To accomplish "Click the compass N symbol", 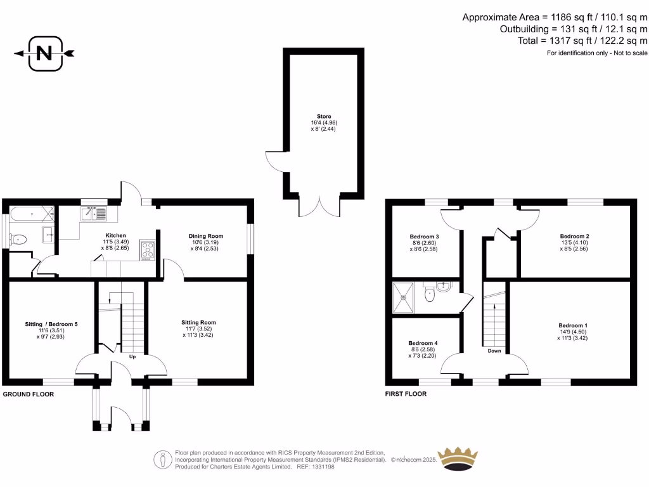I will [44, 53].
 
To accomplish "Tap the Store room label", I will [324, 116].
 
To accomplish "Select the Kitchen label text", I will [115, 235].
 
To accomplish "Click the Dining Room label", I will [206, 236].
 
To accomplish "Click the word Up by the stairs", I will [133, 356].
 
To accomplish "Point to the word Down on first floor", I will [494, 351].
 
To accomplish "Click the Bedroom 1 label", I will [570, 325].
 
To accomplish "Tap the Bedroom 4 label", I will [422, 342].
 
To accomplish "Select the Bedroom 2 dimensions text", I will [570, 245].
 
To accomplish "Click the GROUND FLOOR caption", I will [29, 394].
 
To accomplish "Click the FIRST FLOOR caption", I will [405, 394].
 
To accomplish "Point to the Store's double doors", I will [324, 204].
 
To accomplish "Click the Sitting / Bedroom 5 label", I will [51, 324].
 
